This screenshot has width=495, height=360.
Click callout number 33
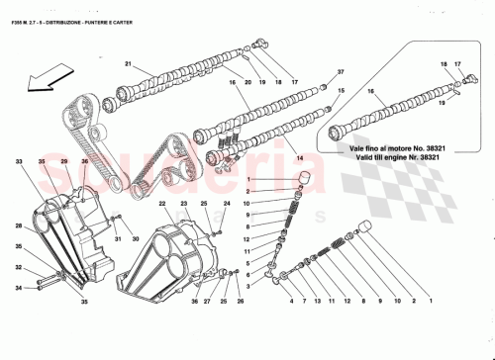[19, 160]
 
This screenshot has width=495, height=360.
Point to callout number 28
[19, 225]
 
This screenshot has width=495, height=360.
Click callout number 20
[248, 82]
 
